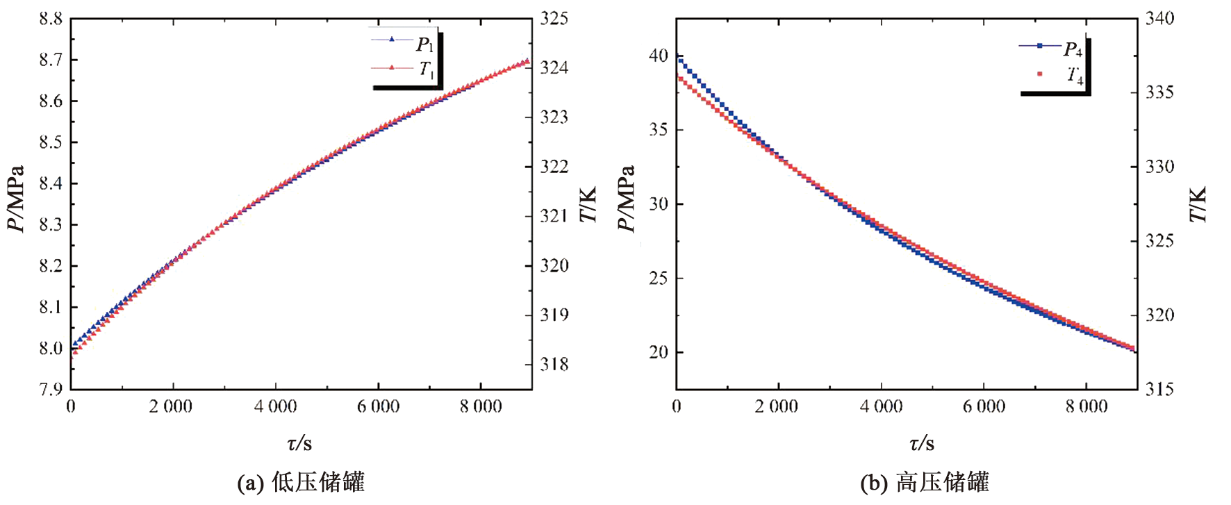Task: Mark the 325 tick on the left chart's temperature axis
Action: (554, 19)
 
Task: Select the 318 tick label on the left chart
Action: (554, 364)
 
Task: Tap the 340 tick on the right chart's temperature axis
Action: (1159, 19)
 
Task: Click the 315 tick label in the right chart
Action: (1159, 389)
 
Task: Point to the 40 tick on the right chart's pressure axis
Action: (658, 56)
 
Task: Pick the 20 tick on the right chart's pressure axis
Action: (658, 352)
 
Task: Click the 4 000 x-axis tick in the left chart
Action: (275, 406)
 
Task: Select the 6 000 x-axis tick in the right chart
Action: (984, 406)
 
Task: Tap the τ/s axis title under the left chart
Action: (299, 442)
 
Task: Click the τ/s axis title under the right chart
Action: (922, 442)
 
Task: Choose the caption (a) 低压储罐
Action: (301, 482)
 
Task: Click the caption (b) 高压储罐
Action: (924, 482)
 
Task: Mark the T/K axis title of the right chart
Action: (1198, 204)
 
